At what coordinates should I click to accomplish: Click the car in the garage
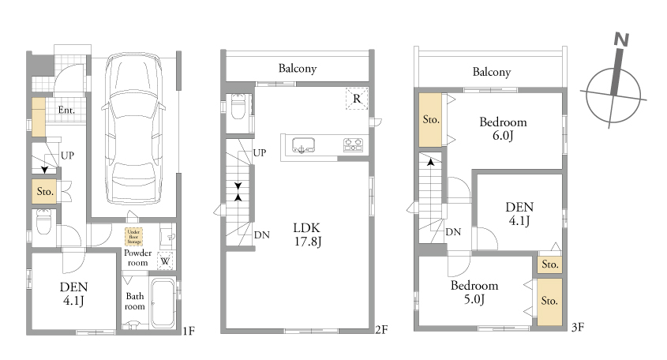tap(133, 129)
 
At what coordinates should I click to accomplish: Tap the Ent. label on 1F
tap(66, 111)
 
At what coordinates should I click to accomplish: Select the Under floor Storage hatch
tap(133, 237)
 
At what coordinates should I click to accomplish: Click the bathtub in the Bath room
tap(163, 302)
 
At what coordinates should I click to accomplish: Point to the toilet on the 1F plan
tap(43, 221)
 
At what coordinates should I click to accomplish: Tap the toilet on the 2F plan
tap(238, 107)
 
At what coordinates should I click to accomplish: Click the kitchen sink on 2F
tap(303, 145)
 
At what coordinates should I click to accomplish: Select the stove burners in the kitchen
tap(353, 144)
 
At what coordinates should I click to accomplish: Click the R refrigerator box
tap(357, 99)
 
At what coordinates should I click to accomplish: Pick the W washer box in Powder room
tap(166, 261)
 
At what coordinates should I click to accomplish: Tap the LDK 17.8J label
tap(307, 234)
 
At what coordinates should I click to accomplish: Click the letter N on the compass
tap(621, 39)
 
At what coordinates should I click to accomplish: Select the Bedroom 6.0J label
tap(503, 129)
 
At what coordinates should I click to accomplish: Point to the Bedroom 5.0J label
tap(474, 292)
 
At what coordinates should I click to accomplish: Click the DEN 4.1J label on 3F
tap(519, 214)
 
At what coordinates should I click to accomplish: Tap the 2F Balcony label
tap(298, 68)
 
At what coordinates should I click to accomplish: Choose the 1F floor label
tap(189, 331)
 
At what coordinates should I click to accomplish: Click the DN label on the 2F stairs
tap(261, 235)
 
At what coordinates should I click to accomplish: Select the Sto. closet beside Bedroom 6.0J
tap(430, 120)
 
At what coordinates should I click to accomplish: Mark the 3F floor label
tap(577, 327)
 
